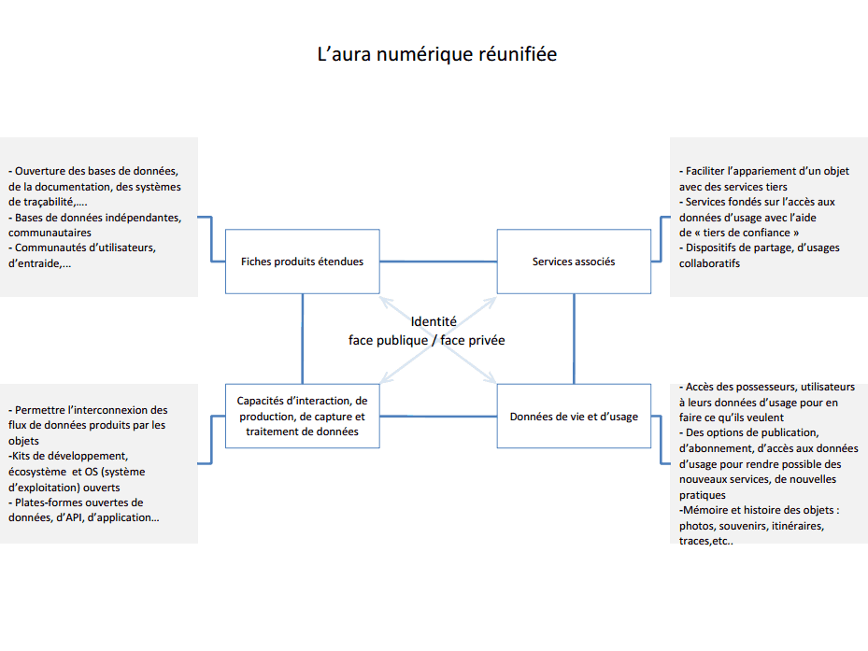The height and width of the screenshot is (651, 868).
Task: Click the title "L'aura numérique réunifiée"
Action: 436,55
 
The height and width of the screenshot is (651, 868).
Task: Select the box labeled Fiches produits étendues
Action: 302,262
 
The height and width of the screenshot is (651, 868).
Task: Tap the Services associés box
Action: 573,262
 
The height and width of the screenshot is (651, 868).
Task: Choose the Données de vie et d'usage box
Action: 573,416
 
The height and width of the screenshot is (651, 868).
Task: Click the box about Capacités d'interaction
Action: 302,417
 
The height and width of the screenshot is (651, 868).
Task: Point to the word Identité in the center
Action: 434,321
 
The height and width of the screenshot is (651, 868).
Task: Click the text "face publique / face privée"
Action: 426,340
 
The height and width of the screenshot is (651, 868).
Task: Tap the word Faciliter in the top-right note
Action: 711,172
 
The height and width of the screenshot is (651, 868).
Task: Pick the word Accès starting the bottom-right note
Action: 700,387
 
